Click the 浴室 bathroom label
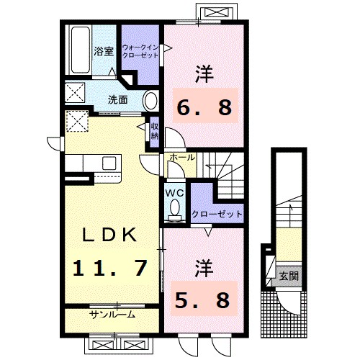(x=103, y=51)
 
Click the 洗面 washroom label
(x=118, y=99)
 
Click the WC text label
(x=174, y=192)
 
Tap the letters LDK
(x=110, y=235)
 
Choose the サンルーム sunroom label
(x=112, y=315)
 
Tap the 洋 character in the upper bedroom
(x=204, y=75)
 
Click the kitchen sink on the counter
(x=108, y=161)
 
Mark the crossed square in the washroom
(x=73, y=93)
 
